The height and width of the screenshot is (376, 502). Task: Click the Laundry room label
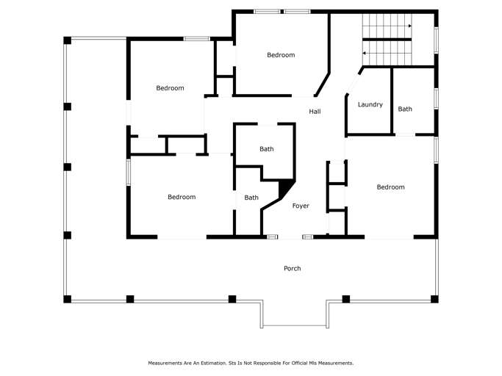370,104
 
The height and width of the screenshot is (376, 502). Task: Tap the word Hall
315,112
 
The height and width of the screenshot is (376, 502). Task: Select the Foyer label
301,206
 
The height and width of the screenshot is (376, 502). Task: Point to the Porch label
293,268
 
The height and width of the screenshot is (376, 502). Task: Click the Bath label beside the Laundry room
405,109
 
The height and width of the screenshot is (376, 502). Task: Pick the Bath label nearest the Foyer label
251,198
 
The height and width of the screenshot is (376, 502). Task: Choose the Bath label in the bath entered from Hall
267,149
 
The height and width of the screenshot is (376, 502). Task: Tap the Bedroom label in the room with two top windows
281,55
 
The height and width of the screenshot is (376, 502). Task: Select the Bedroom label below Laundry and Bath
390,187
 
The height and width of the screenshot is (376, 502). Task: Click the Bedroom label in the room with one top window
170,88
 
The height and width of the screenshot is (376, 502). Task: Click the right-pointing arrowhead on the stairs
410,26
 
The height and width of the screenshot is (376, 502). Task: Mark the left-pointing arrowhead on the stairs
364,53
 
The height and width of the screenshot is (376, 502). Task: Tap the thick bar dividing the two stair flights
387,40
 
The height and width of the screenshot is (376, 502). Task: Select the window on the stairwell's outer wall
436,40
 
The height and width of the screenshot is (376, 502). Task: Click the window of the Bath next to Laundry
436,98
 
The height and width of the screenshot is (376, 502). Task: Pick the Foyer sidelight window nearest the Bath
273,236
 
